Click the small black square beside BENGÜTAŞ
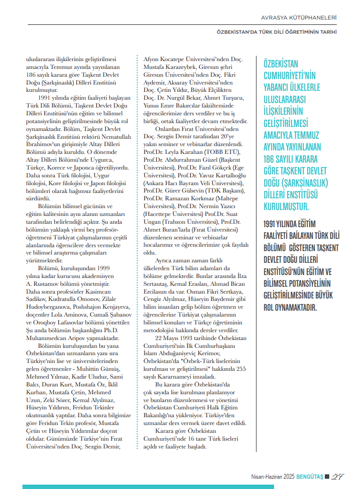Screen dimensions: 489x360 (327, 476)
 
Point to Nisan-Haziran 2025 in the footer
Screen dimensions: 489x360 (266, 476)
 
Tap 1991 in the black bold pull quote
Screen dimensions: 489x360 (272, 224)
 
